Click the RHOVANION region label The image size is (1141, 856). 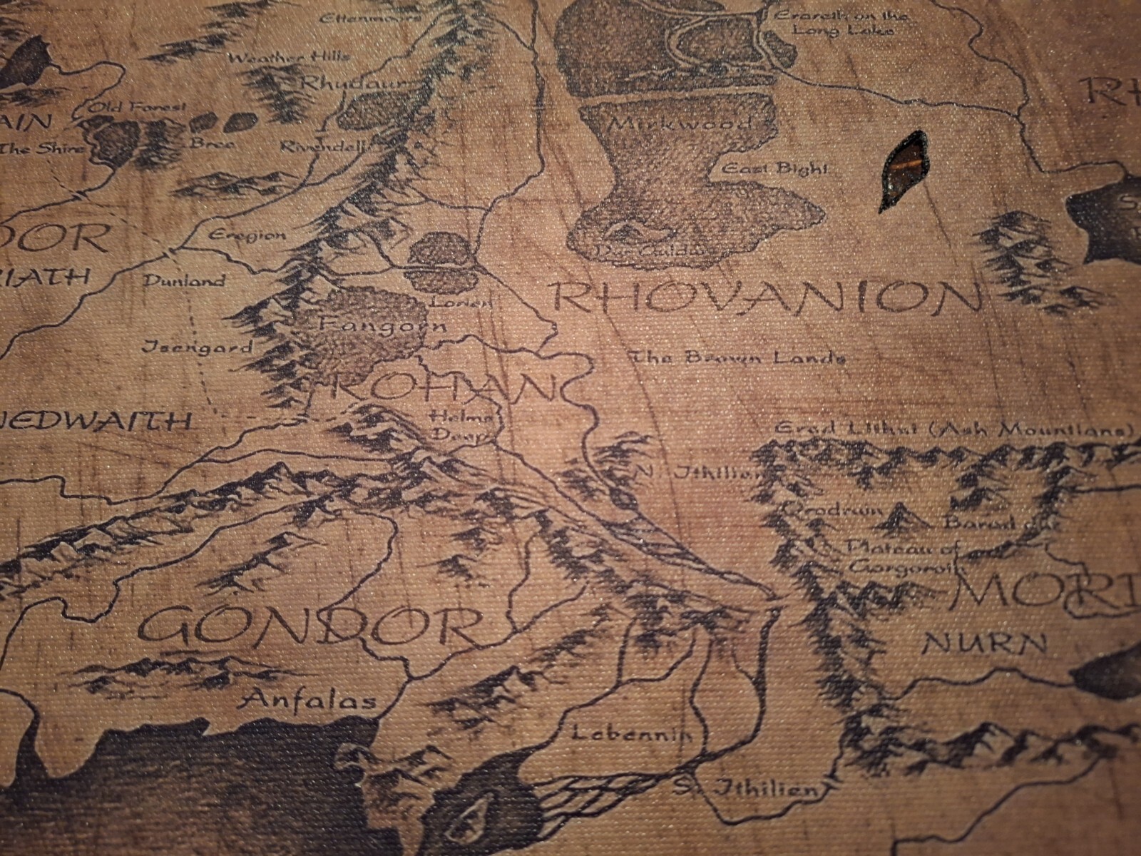[x=767, y=297]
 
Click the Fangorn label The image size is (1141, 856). [x=382, y=325]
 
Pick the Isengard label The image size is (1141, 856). [x=198, y=348]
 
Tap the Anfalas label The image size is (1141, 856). [x=309, y=700]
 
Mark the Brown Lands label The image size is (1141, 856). [x=738, y=358]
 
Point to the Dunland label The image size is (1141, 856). [x=184, y=280]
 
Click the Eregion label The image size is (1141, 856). [x=247, y=234]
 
